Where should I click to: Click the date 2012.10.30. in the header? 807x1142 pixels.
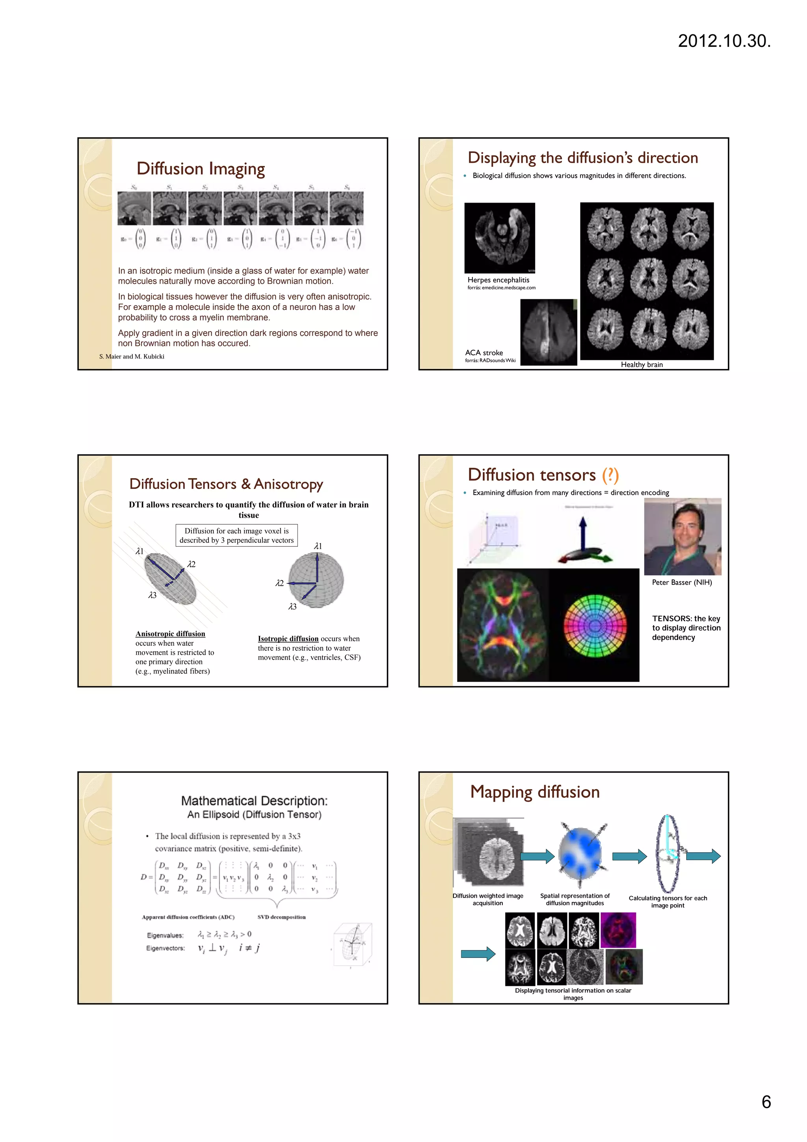724,41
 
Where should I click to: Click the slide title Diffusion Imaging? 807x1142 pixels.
201,169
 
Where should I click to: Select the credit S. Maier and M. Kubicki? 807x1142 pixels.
132,357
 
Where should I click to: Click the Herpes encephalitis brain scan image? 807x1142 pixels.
499,238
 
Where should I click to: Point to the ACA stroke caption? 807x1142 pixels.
484,353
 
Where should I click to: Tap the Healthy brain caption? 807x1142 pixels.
642,365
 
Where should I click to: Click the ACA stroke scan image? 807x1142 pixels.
548,332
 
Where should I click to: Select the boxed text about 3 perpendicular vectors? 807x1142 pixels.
237,536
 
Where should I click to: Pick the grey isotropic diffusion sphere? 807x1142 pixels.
316,580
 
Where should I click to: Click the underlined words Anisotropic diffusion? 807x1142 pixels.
170,633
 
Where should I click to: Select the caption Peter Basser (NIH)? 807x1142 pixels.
682,583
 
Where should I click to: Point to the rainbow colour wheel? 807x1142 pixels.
595,626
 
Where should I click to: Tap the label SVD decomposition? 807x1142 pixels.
281,917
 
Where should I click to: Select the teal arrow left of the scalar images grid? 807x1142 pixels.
478,954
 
